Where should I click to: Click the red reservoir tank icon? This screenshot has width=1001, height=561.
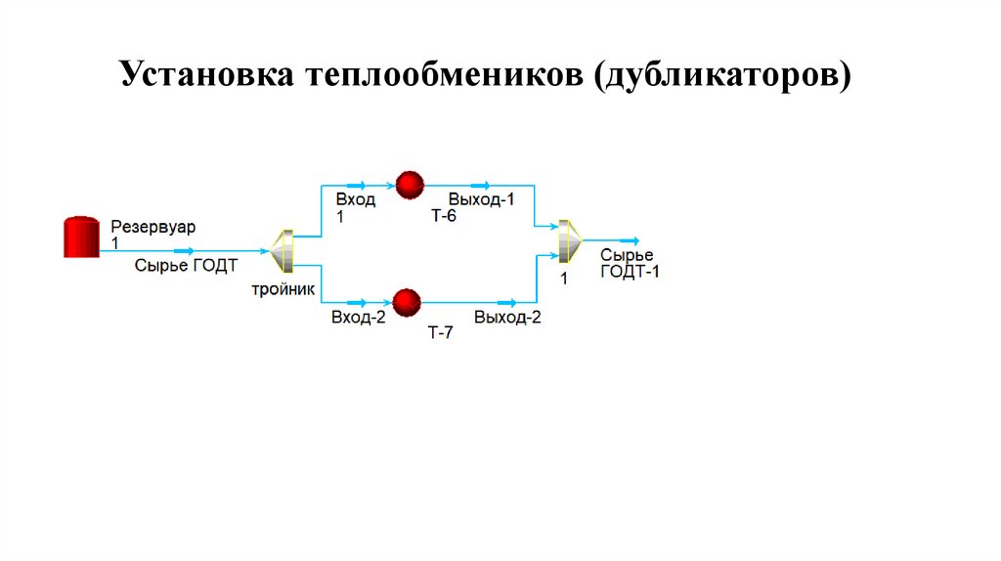click(81, 237)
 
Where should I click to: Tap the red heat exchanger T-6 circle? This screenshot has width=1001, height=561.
click(409, 184)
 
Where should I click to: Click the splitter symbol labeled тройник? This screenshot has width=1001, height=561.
click(283, 250)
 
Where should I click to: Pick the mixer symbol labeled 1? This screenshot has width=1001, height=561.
click(568, 240)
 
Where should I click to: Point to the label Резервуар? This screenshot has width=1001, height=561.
click(152, 227)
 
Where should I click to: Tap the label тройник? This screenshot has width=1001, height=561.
click(283, 290)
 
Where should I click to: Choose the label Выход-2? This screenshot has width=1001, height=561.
click(507, 318)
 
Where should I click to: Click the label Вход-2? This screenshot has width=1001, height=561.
click(359, 318)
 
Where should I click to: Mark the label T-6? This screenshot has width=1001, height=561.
click(443, 216)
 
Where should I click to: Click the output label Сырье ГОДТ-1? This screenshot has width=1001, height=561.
click(630, 264)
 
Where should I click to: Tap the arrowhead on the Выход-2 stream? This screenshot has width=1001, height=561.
click(507, 302)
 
